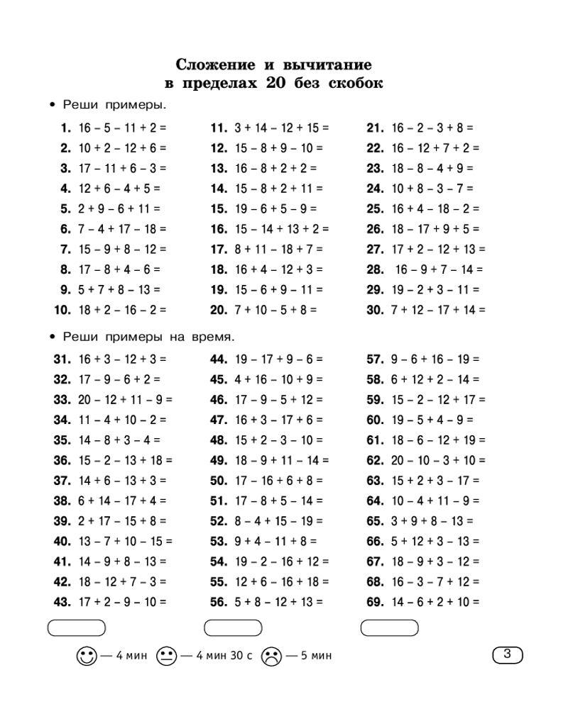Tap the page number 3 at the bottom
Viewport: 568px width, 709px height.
coord(507,654)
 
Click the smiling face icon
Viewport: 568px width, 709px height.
coord(86,656)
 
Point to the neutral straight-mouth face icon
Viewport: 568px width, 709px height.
coord(165,656)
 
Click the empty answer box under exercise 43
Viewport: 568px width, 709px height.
coord(76,627)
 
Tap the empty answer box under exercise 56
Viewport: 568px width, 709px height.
coord(233,627)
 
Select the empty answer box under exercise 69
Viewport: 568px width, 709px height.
coord(390,627)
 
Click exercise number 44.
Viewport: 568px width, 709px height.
coord(219,359)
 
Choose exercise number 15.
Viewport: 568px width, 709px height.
coord(219,209)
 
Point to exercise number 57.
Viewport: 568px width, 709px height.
coord(376,359)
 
